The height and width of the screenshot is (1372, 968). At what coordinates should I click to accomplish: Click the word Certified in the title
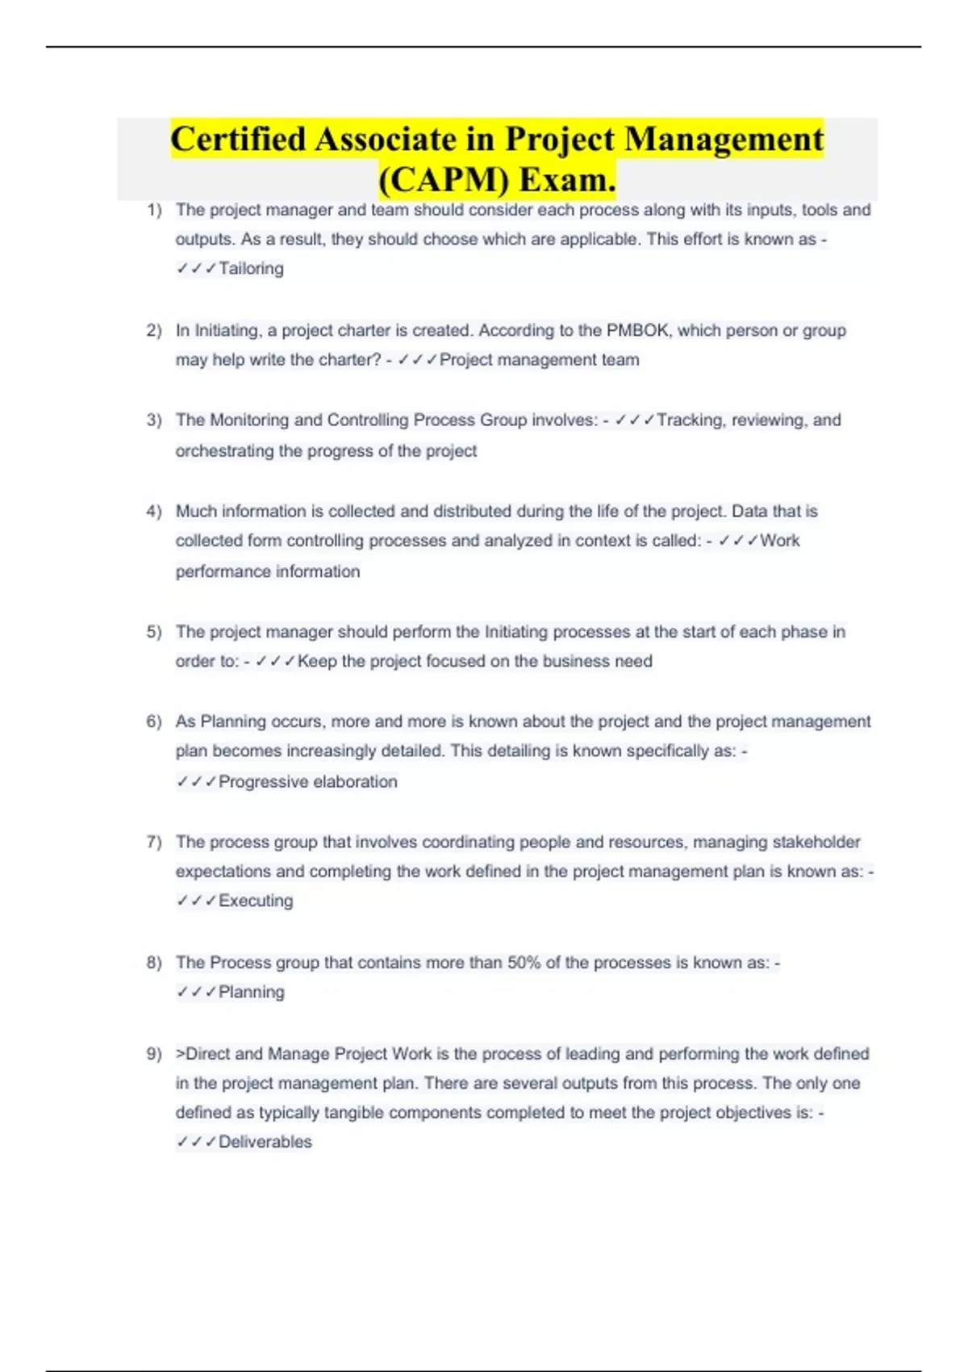pyautogui.click(x=238, y=139)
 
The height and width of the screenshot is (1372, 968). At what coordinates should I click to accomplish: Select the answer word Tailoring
pyautogui.click(x=251, y=269)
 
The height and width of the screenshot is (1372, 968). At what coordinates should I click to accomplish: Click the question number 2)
pyautogui.click(x=154, y=331)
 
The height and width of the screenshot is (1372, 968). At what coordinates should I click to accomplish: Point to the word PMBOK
pyautogui.click(x=637, y=331)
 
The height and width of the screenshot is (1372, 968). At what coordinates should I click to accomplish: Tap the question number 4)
pyautogui.click(x=154, y=512)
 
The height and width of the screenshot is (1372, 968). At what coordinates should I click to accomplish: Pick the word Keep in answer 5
pyautogui.click(x=317, y=662)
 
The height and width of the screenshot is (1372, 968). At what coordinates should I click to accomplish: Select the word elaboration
pyautogui.click(x=355, y=782)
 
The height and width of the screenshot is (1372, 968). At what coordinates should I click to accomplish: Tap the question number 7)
pyautogui.click(x=154, y=843)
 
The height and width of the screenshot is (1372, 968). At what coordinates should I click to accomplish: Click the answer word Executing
pyautogui.click(x=256, y=901)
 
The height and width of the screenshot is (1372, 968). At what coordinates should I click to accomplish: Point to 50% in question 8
pyautogui.click(x=524, y=963)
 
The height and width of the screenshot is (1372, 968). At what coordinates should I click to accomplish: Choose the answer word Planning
pyautogui.click(x=252, y=993)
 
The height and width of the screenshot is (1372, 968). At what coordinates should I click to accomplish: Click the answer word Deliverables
pyautogui.click(x=265, y=1142)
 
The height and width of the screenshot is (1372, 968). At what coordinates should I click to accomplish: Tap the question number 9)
pyautogui.click(x=154, y=1054)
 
